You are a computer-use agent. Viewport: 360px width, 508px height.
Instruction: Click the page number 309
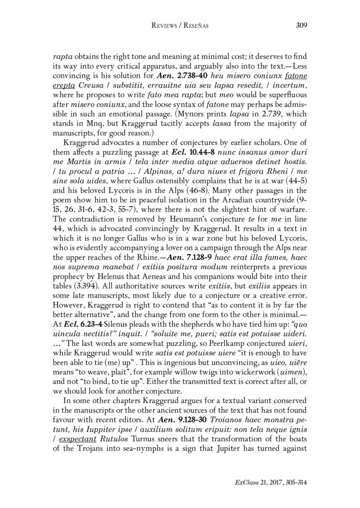coord(301,25)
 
